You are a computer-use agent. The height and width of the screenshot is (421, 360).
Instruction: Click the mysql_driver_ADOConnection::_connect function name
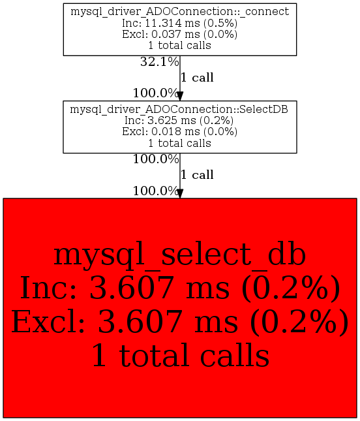pos(180,12)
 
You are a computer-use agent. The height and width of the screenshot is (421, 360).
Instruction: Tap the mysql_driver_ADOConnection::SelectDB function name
pos(179,110)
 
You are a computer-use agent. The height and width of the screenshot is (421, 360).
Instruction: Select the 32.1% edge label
pos(159,62)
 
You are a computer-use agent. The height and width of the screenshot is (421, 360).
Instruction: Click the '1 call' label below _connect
pos(197,78)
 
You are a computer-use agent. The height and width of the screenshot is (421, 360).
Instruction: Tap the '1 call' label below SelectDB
pos(197,175)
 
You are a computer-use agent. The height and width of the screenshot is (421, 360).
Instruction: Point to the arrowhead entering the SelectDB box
pos(180,96)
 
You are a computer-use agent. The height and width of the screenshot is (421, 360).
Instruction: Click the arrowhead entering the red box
pos(180,194)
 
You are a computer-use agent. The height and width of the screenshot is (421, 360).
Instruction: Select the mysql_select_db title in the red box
pos(180,255)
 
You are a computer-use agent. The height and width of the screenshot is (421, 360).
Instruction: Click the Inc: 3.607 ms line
pos(180,288)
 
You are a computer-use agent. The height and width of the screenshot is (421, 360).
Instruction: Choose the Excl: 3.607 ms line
pos(180,321)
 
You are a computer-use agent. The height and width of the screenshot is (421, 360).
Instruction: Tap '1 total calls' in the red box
pos(180,355)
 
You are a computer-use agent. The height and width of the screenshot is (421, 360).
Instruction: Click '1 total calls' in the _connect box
pos(180,46)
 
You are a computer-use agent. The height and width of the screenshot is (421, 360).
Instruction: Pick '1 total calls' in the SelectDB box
pos(180,143)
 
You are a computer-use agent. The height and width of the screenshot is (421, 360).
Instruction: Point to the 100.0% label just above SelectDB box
pos(156,93)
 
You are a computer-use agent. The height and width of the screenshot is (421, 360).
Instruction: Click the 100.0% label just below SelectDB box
pos(156,159)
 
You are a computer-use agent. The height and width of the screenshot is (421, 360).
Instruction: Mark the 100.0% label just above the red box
pos(156,191)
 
